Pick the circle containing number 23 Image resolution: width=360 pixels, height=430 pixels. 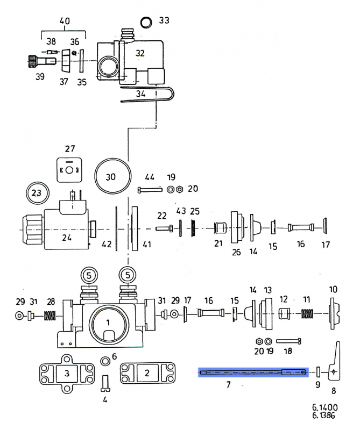click(37, 192)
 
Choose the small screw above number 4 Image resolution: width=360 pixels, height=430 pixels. click(105, 382)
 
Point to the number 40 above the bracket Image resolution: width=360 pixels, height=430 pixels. click(64, 21)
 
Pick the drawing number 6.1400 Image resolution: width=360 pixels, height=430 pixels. click(324, 407)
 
